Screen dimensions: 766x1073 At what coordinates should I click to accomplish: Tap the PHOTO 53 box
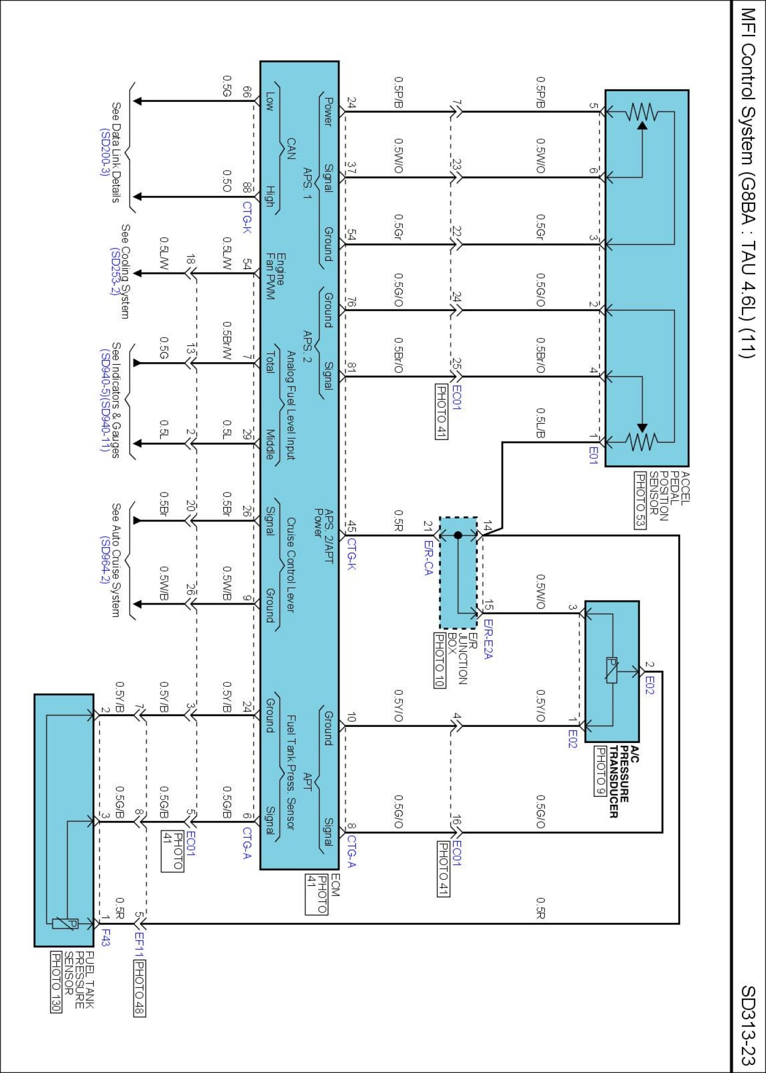tap(640, 500)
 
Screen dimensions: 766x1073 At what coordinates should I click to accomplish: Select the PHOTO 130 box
tap(56, 982)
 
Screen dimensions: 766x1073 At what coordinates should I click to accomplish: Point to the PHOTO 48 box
tap(139, 988)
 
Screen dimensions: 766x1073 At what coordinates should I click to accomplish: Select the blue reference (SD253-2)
tap(114, 271)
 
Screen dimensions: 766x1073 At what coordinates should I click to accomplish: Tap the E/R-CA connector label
tap(428, 558)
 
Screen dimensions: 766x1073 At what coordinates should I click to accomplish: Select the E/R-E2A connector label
tap(488, 638)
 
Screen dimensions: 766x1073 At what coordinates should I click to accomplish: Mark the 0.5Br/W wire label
tap(227, 341)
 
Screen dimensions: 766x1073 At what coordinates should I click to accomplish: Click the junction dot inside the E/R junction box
tap(458, 535)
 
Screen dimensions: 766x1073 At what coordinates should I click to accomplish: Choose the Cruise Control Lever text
tap(290, 564)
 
